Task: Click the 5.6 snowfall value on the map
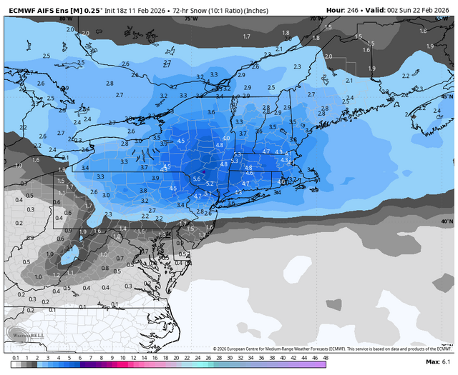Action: (x=196, y=179)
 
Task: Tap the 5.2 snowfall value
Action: (x=210, y=184)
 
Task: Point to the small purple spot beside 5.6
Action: (x=204, y=173)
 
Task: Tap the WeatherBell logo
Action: (x=23, y=335)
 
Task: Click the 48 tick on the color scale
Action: (x=325, y=357)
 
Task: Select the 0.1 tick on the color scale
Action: (x=16, y=357)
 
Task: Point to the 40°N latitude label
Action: (x=447, y=221)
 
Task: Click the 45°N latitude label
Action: (x=447, y=96)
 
